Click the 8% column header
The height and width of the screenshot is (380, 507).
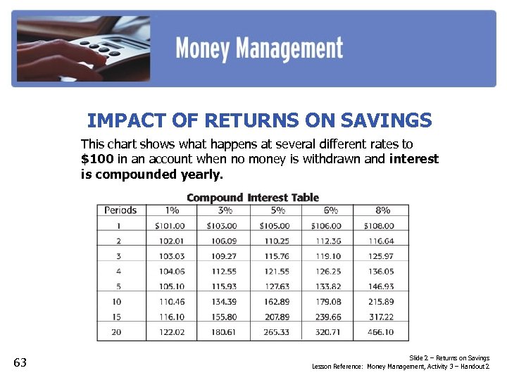(382, 210)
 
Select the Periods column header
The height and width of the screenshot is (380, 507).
(121, 210)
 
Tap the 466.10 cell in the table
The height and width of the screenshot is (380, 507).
(380, 332)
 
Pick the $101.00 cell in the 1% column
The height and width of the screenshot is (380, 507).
(170, 226)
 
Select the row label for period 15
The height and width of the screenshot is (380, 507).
(118, 317)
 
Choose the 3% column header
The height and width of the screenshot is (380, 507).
(225, 210)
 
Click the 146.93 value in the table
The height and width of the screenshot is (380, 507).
(380, 286)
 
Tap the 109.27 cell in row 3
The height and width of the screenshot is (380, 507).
(223, 256)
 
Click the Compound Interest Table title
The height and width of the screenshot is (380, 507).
(253, 198)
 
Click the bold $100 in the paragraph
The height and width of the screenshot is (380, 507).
(95, 158)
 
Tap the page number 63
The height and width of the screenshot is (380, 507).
(20, 362)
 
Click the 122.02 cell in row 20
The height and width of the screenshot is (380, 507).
(170, 332)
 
